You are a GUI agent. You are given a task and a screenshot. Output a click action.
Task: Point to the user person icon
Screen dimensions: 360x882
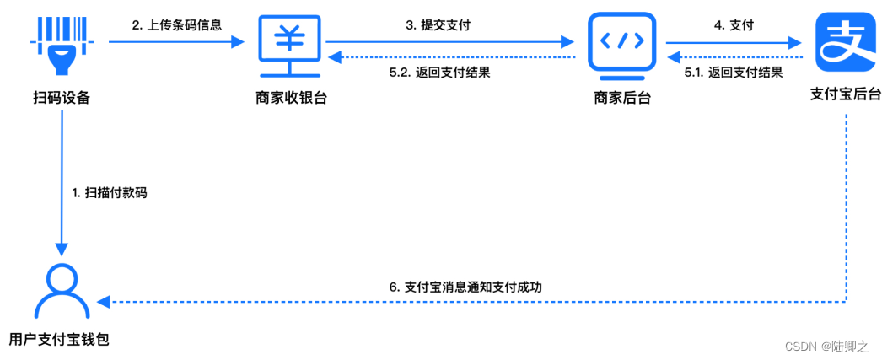click(x=62, y=292)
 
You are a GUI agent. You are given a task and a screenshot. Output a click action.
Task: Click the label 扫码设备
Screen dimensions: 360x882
click(x=62, y=98)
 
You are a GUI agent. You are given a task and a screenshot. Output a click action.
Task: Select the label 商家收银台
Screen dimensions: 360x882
click(x=291, y=98)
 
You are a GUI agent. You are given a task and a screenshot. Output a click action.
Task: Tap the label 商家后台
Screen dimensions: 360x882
click(x=621, y=98)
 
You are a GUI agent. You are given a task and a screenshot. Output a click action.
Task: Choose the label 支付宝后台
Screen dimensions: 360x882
click(x=845, y=94)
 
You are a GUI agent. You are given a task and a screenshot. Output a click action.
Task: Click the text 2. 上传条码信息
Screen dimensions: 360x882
click(x=177, y=24)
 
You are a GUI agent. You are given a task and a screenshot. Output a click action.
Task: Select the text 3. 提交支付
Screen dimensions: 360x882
click(x=438, y=24)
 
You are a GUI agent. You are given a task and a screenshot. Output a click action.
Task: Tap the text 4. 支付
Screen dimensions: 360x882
click(x=733, y=24)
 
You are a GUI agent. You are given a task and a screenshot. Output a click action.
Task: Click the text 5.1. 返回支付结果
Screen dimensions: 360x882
click(x=733, y=73)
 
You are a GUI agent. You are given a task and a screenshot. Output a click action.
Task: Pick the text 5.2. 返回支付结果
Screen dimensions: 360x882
click(x=439, y=73)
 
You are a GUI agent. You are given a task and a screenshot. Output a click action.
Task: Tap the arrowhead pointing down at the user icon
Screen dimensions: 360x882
click(x=62, y=249)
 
